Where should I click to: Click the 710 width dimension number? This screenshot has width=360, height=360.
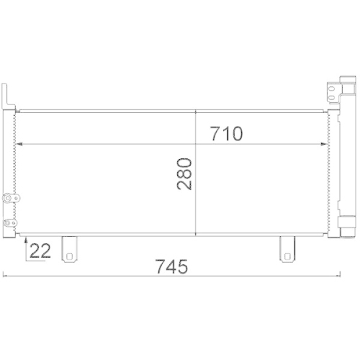(226, 133)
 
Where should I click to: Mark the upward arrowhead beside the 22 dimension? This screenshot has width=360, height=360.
(26, 239)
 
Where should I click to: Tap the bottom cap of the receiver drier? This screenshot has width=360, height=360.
(348, 230)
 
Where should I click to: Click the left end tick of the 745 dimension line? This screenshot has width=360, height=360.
(4, 274)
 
